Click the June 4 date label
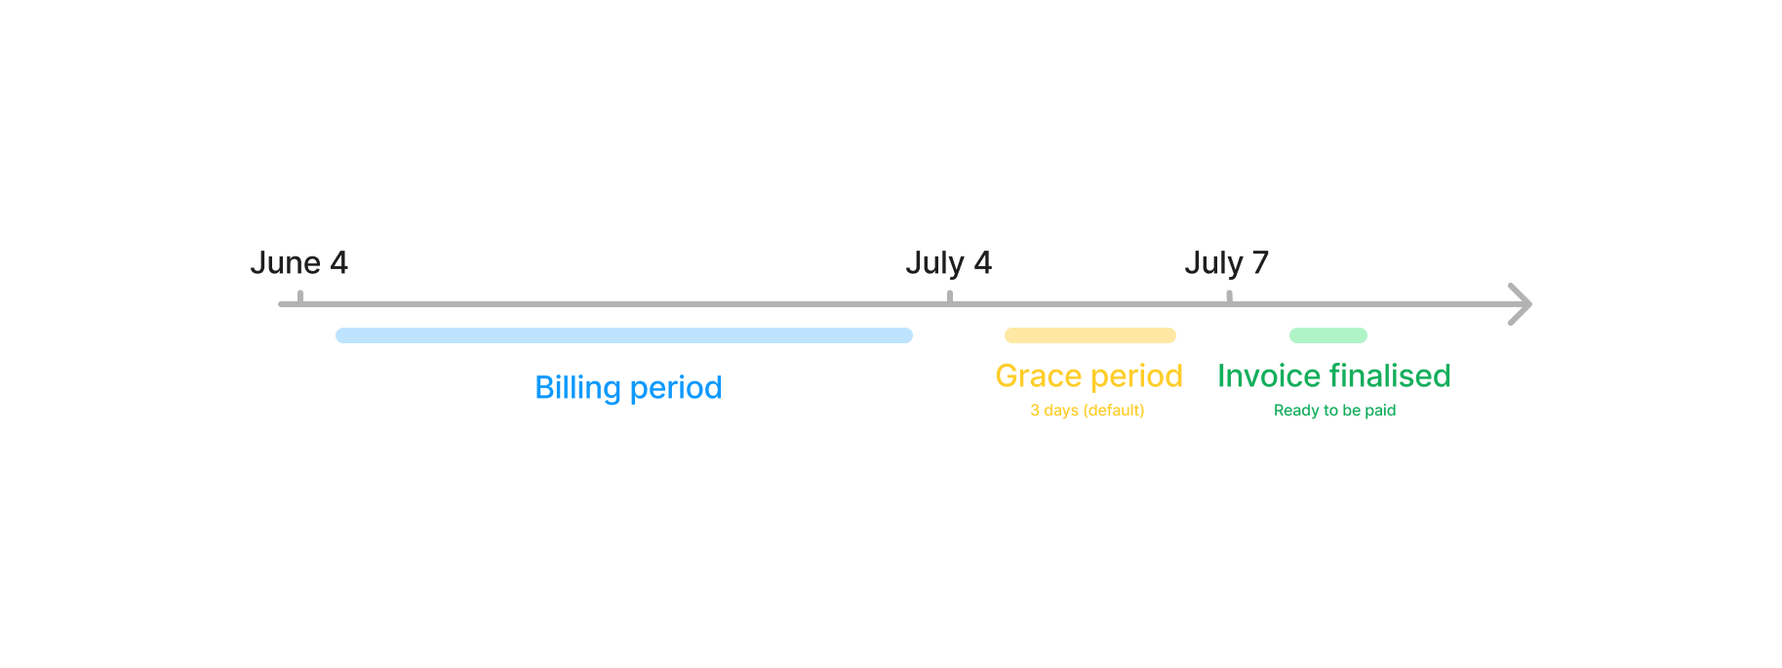(298, 262)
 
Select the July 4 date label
(948, 263)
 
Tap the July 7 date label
(1226, 263)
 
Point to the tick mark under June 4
(300, 296)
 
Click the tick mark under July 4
(950, 296)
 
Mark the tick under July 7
(1229, 296)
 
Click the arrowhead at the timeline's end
(1522, 304)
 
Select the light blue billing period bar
(624, 335)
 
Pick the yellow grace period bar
(1090, 335)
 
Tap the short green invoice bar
(1328, 335)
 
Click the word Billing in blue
(577, 388)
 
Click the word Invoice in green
(1269, 375)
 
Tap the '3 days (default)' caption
(1088, 411)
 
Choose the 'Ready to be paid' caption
(1334, 411)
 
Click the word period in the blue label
(676, 388)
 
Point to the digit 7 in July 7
(1260, 262)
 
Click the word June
(285, 262)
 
